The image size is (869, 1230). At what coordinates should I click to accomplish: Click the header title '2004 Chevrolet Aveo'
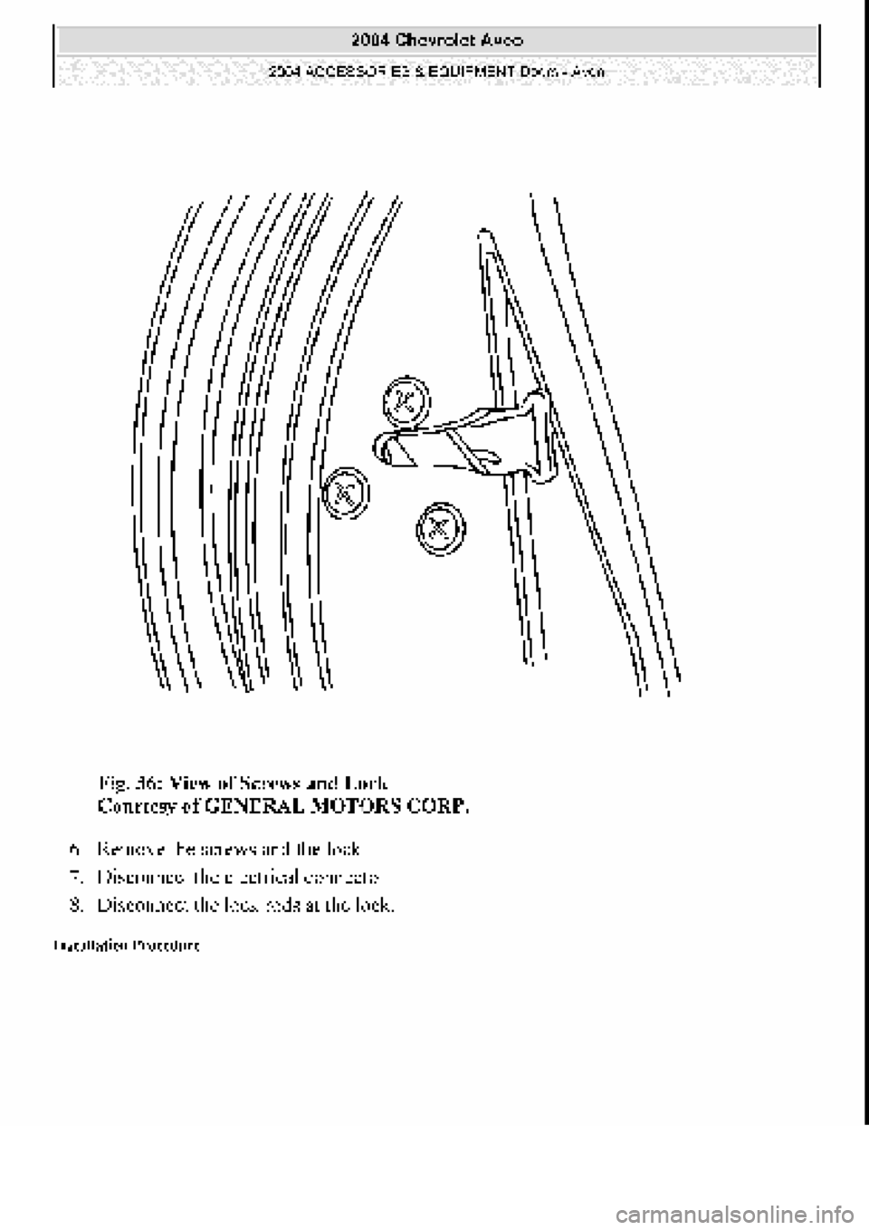pyautogui.click(x=435, y=40)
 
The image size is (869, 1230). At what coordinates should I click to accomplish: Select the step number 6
pyautogui.click(x=72, y=850)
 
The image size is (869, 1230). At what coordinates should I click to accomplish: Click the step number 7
pyautogui.click(x=72, y=878)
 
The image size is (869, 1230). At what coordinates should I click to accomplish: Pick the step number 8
pyautogui.click(x=72, y=905)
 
